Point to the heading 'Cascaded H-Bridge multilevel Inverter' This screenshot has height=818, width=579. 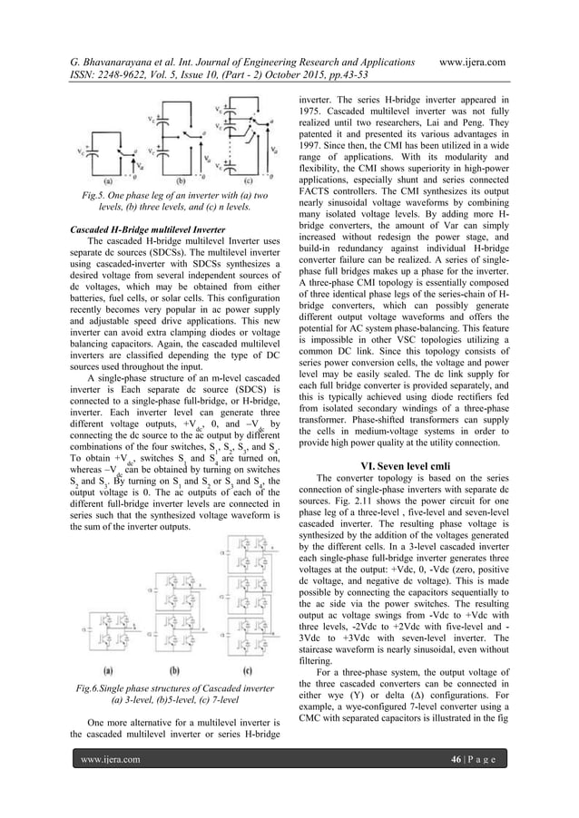(x=143, y=229)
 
